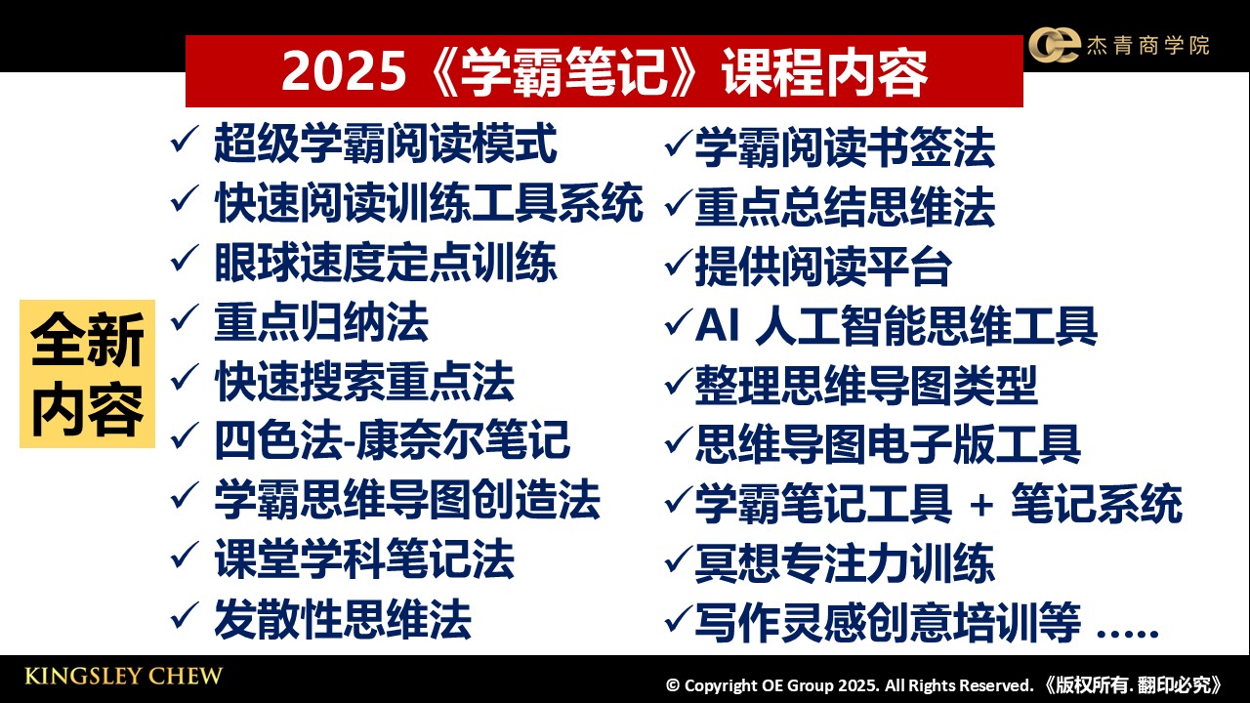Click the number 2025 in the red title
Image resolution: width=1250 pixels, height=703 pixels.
(x=343, y=71)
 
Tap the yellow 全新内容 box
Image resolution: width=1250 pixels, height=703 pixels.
(x=87, y=374)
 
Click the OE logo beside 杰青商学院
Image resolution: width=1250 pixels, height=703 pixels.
(x=1054, y=45)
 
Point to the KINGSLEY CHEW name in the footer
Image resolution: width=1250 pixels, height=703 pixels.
(x=123, y=677)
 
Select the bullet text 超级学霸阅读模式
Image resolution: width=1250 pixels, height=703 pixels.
(x=386, y=144)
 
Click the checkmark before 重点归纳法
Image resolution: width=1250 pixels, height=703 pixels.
(x=185, y=317)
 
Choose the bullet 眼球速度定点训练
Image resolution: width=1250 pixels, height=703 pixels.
(x=386, y=263)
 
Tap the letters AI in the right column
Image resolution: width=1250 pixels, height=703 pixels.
(x=717, y=325)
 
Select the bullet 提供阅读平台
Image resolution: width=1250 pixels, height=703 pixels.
(x=823, y=268)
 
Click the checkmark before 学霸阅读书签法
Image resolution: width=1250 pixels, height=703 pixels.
(x=679, y=144)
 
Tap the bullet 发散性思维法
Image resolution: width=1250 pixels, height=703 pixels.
(x=343, y=619)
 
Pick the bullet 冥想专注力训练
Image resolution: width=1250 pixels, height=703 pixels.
(x=845, y=563)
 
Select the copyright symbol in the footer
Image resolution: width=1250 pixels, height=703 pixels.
(x=673, y=685)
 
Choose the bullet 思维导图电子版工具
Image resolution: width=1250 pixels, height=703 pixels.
(x=888, y=444)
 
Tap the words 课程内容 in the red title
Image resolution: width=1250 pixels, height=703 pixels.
(x=825, y=71)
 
